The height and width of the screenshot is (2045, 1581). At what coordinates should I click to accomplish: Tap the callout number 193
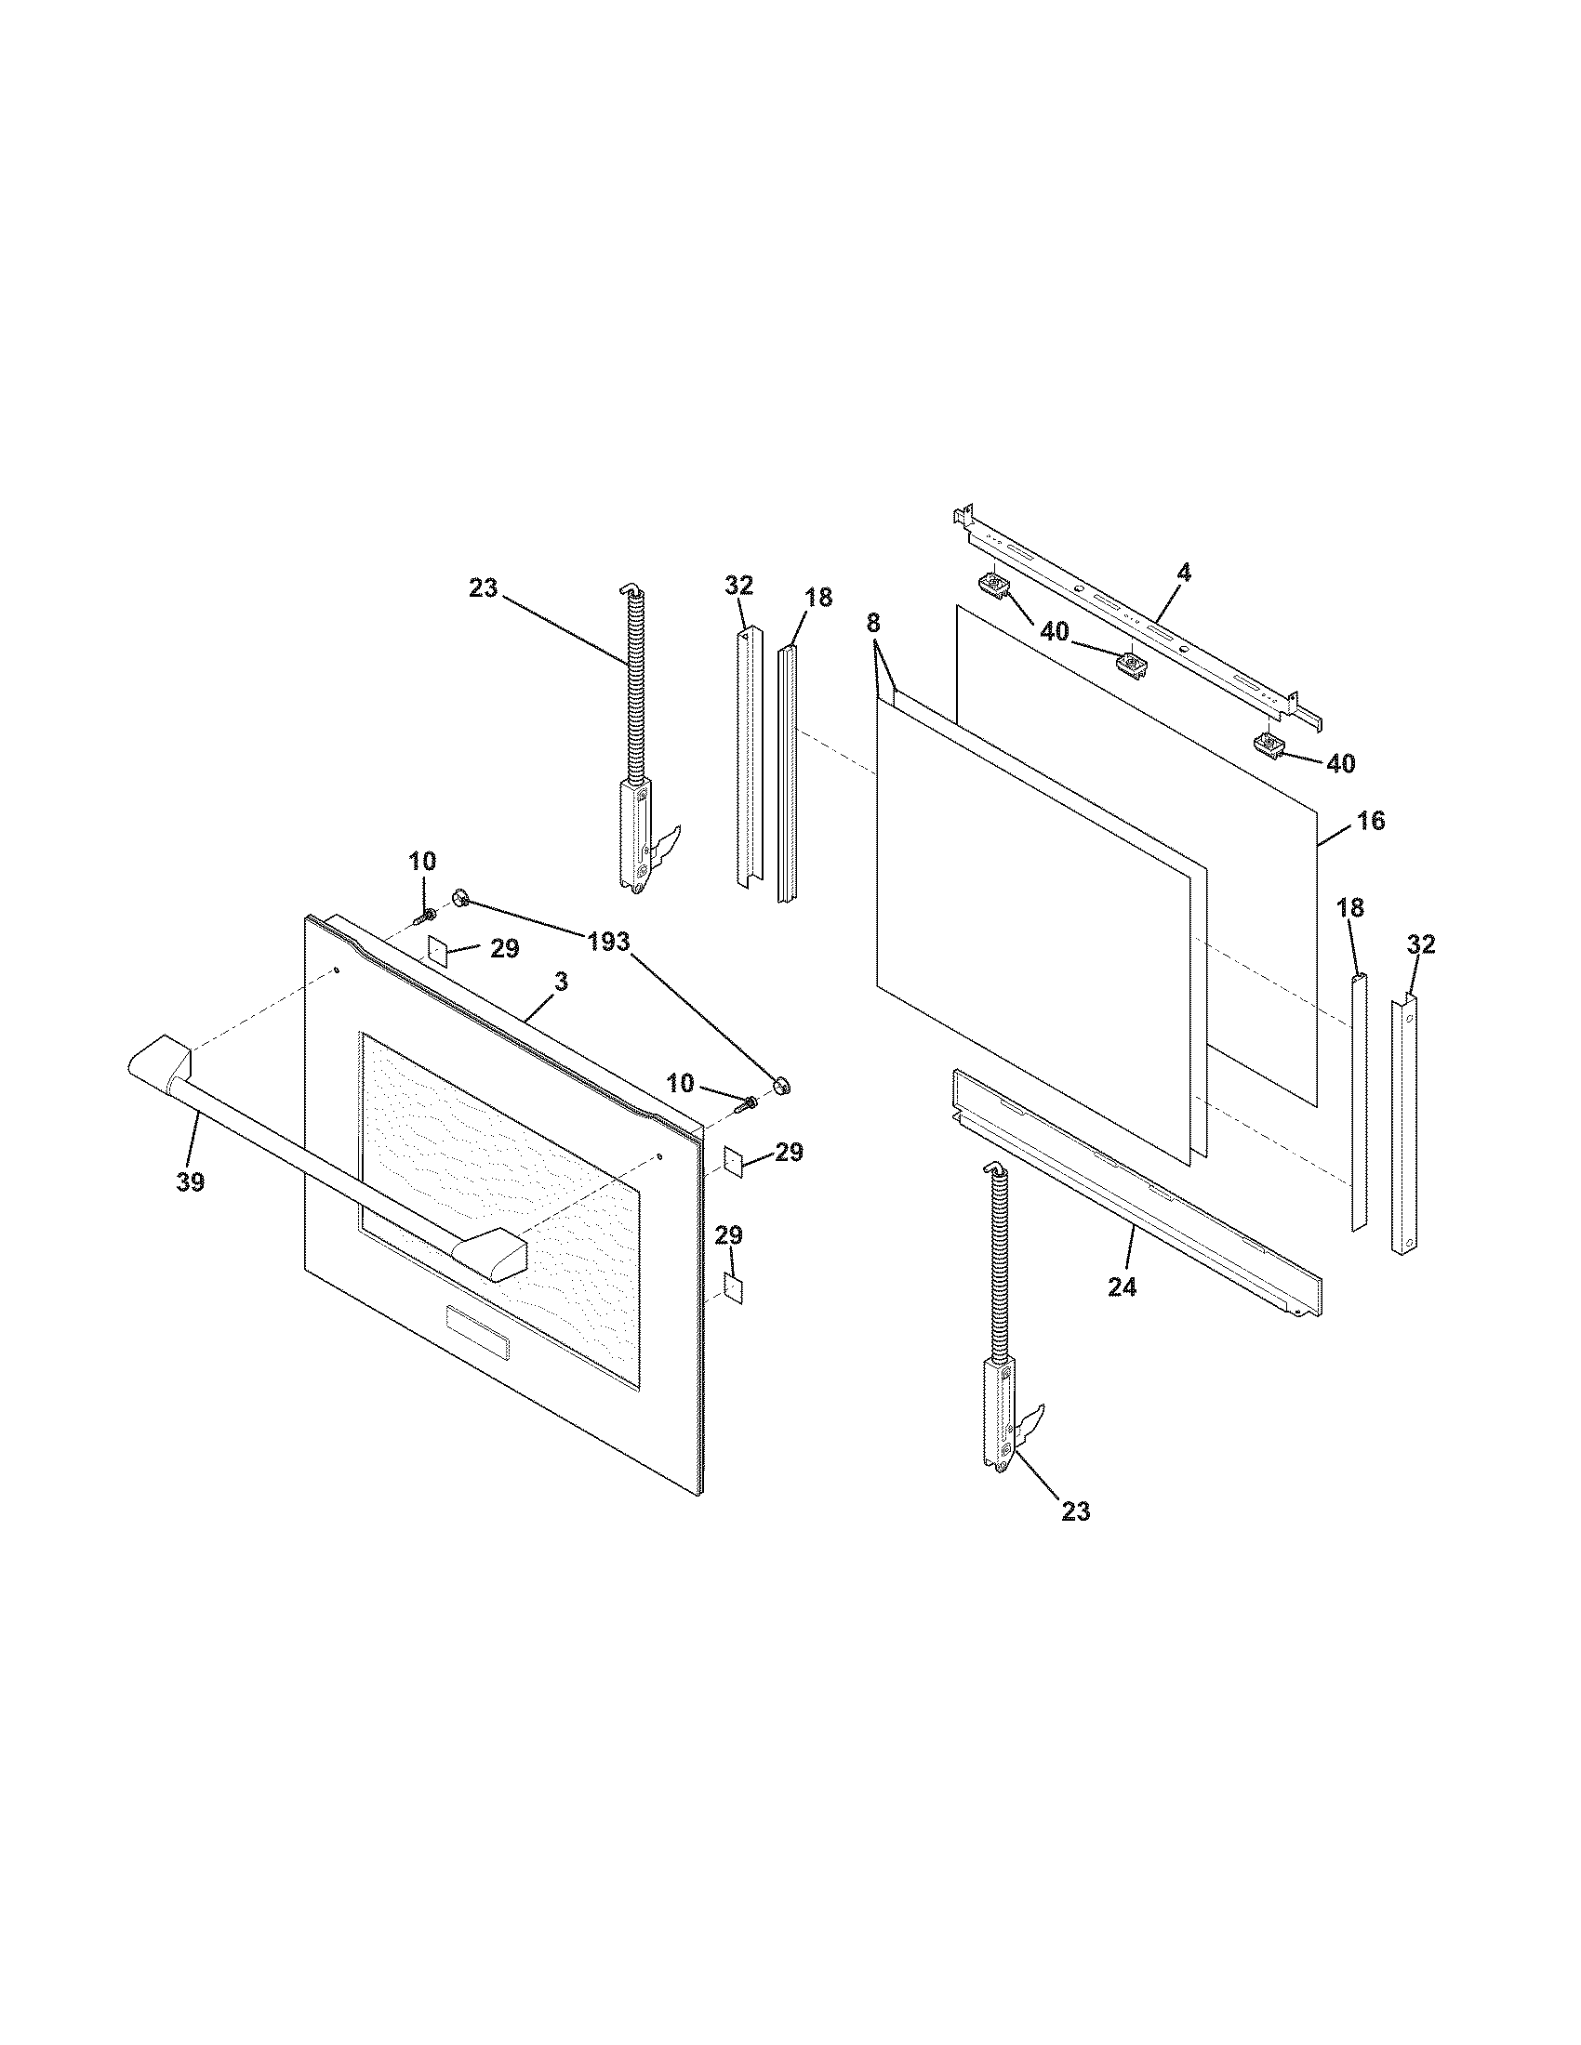click(609, 942)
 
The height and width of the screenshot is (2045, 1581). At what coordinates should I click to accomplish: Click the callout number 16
click(1370, 821)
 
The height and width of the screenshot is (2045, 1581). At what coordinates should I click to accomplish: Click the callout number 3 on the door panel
click(561, 983)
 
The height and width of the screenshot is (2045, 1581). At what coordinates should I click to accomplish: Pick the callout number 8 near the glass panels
click(873, 621)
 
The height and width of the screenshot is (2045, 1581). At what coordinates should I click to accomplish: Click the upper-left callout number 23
click(485, 588)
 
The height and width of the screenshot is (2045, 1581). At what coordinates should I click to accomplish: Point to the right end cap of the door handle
click(491, 1252)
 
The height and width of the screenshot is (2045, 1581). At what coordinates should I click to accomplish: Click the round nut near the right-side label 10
click(782, 1085)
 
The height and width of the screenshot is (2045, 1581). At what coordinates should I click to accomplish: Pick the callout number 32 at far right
click(1421, 944)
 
